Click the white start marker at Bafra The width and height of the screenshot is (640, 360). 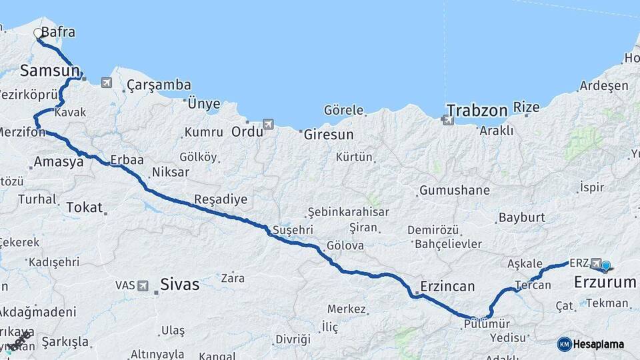point(38,32)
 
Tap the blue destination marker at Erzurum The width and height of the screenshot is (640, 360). point(606,266)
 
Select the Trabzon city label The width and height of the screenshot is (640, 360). point(477,110)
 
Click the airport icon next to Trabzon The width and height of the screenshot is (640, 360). point(446,120)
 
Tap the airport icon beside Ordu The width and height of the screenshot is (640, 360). point(268,124)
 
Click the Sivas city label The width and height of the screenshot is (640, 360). point(179,285)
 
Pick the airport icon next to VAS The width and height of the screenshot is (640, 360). point(143,286)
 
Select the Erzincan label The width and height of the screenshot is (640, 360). point(447,287)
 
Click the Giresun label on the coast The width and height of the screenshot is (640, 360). point(329,134)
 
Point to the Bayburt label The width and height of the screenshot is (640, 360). point(522,217)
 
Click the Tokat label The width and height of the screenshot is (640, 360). point(84,207)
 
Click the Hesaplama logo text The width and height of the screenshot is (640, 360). point(599,344)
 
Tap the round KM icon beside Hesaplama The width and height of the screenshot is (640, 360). point(565,344)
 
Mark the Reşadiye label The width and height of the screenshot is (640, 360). point(221,199)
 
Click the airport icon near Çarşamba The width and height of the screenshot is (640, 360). point(107,83)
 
